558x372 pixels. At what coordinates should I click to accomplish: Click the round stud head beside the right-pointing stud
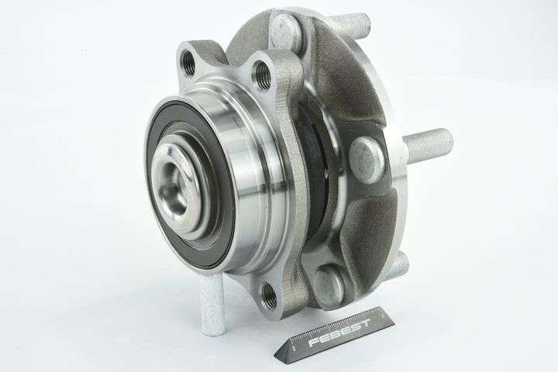tap(367, 158)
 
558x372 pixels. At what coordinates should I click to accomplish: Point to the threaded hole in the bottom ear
tap(269, 294)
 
